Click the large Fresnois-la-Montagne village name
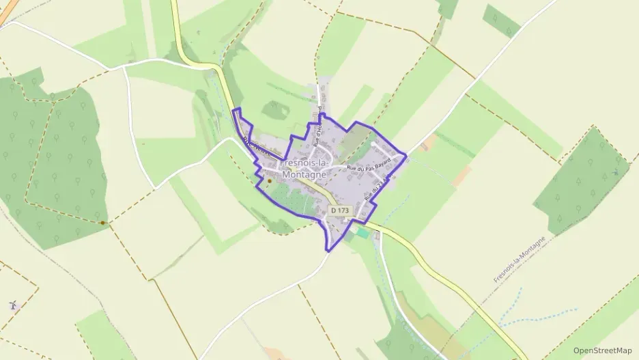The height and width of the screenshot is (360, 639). coord(304,169)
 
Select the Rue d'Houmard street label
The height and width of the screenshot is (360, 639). coord(317,126)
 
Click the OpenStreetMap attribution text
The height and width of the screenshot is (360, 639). coord(602,350)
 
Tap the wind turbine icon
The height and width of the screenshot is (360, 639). coord(12,305)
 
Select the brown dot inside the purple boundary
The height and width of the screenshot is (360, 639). coord(268,181)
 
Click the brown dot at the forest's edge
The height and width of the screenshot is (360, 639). coord(102,223)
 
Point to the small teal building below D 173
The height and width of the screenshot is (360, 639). coord(362,233)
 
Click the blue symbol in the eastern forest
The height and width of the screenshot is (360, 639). coord(617,172)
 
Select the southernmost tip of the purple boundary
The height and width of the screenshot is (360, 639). coord(330,249)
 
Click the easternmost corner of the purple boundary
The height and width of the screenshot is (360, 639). coord(407,156)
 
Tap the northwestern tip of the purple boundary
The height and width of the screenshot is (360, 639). coord(234,109)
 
